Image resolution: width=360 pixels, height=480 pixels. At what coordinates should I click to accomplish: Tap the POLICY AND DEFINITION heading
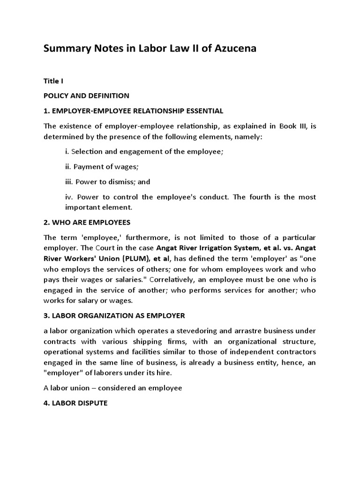click(86, 96)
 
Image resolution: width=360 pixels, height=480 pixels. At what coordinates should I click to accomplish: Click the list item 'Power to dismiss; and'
click(107, 181)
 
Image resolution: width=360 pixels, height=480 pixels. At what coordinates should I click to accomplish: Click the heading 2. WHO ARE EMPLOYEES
click(87, 222)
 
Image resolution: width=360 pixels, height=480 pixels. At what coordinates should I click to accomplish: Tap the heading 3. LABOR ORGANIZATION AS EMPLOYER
click(117, 315)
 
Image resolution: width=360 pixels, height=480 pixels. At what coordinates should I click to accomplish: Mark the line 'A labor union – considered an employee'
click(112, 388)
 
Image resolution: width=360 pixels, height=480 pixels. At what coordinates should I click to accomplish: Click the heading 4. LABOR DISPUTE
click(75, 403)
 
